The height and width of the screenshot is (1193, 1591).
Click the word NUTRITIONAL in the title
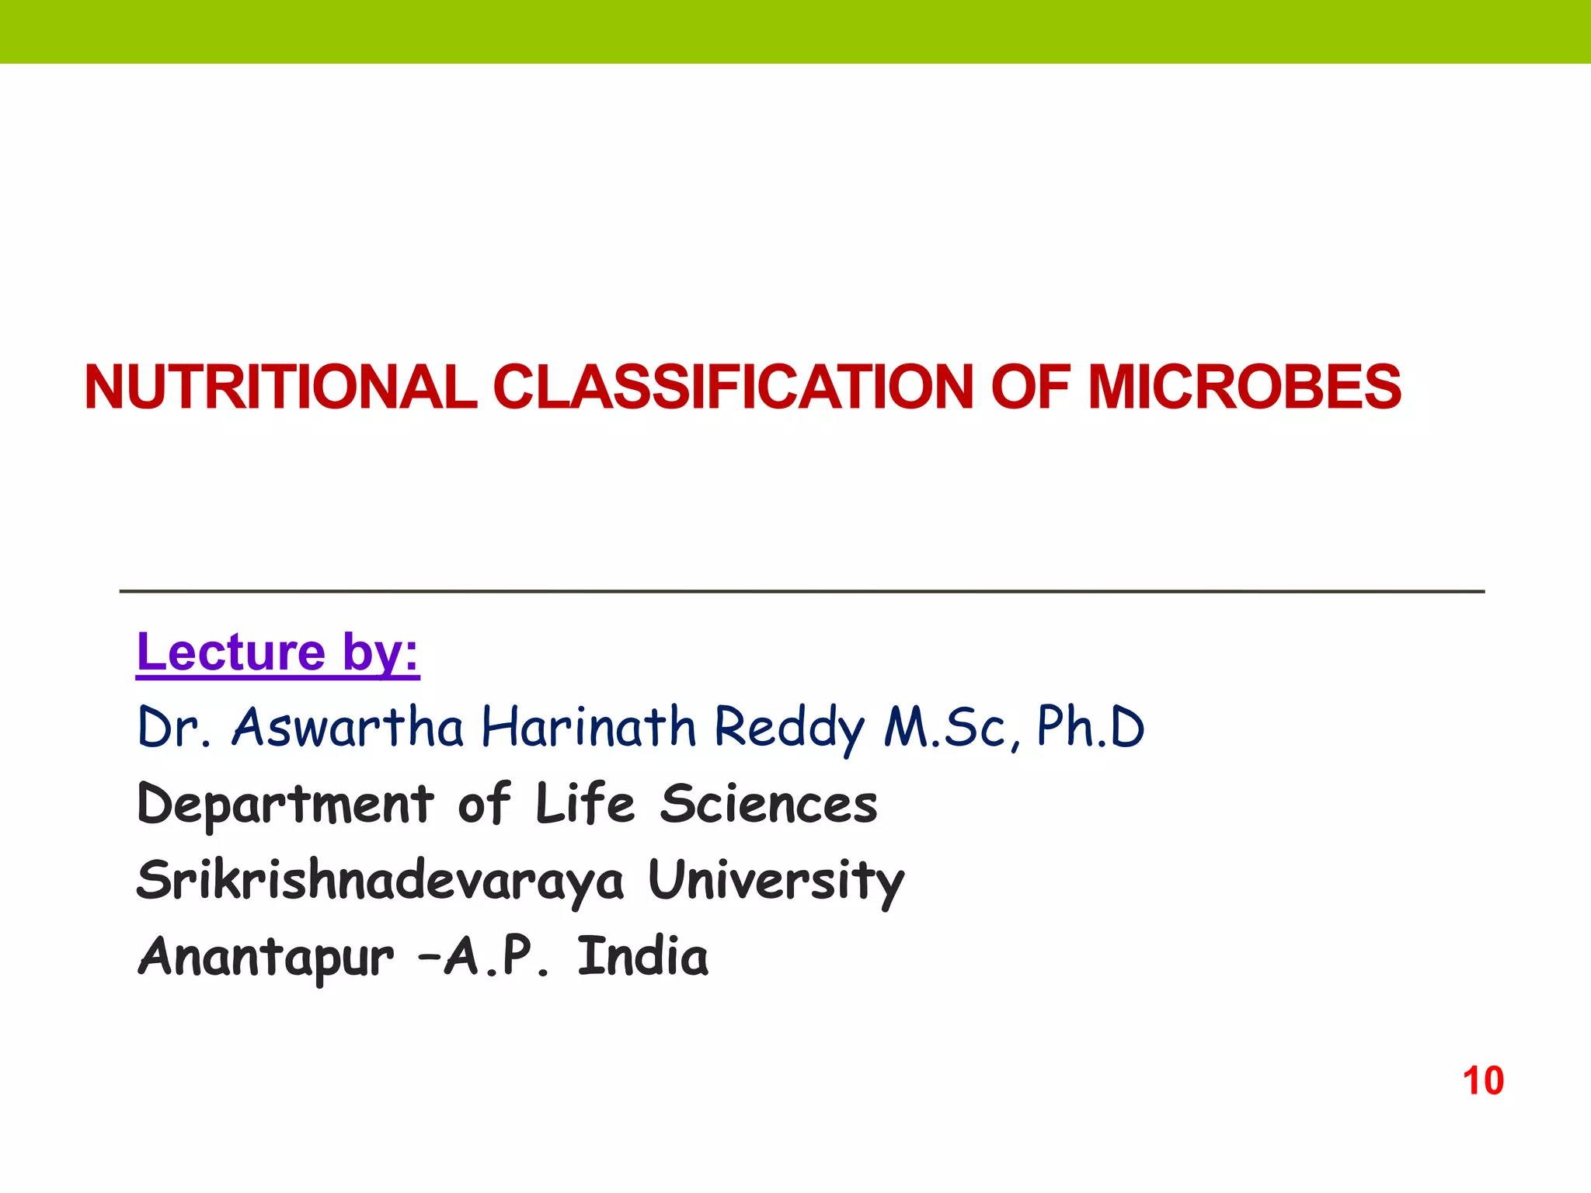coord(280,387)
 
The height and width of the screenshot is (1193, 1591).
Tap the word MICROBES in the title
coord(1245,387)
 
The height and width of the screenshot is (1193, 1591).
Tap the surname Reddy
coord(789,729)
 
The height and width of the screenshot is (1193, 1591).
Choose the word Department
coord(285,804)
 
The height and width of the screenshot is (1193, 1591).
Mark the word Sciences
coord(769,804)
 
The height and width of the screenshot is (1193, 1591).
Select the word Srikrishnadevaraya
coord(380,881)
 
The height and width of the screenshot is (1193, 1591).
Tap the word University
coord(776,882)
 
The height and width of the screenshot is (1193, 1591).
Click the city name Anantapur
coord(266,957)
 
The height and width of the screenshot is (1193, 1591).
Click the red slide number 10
coord(1483,1080)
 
